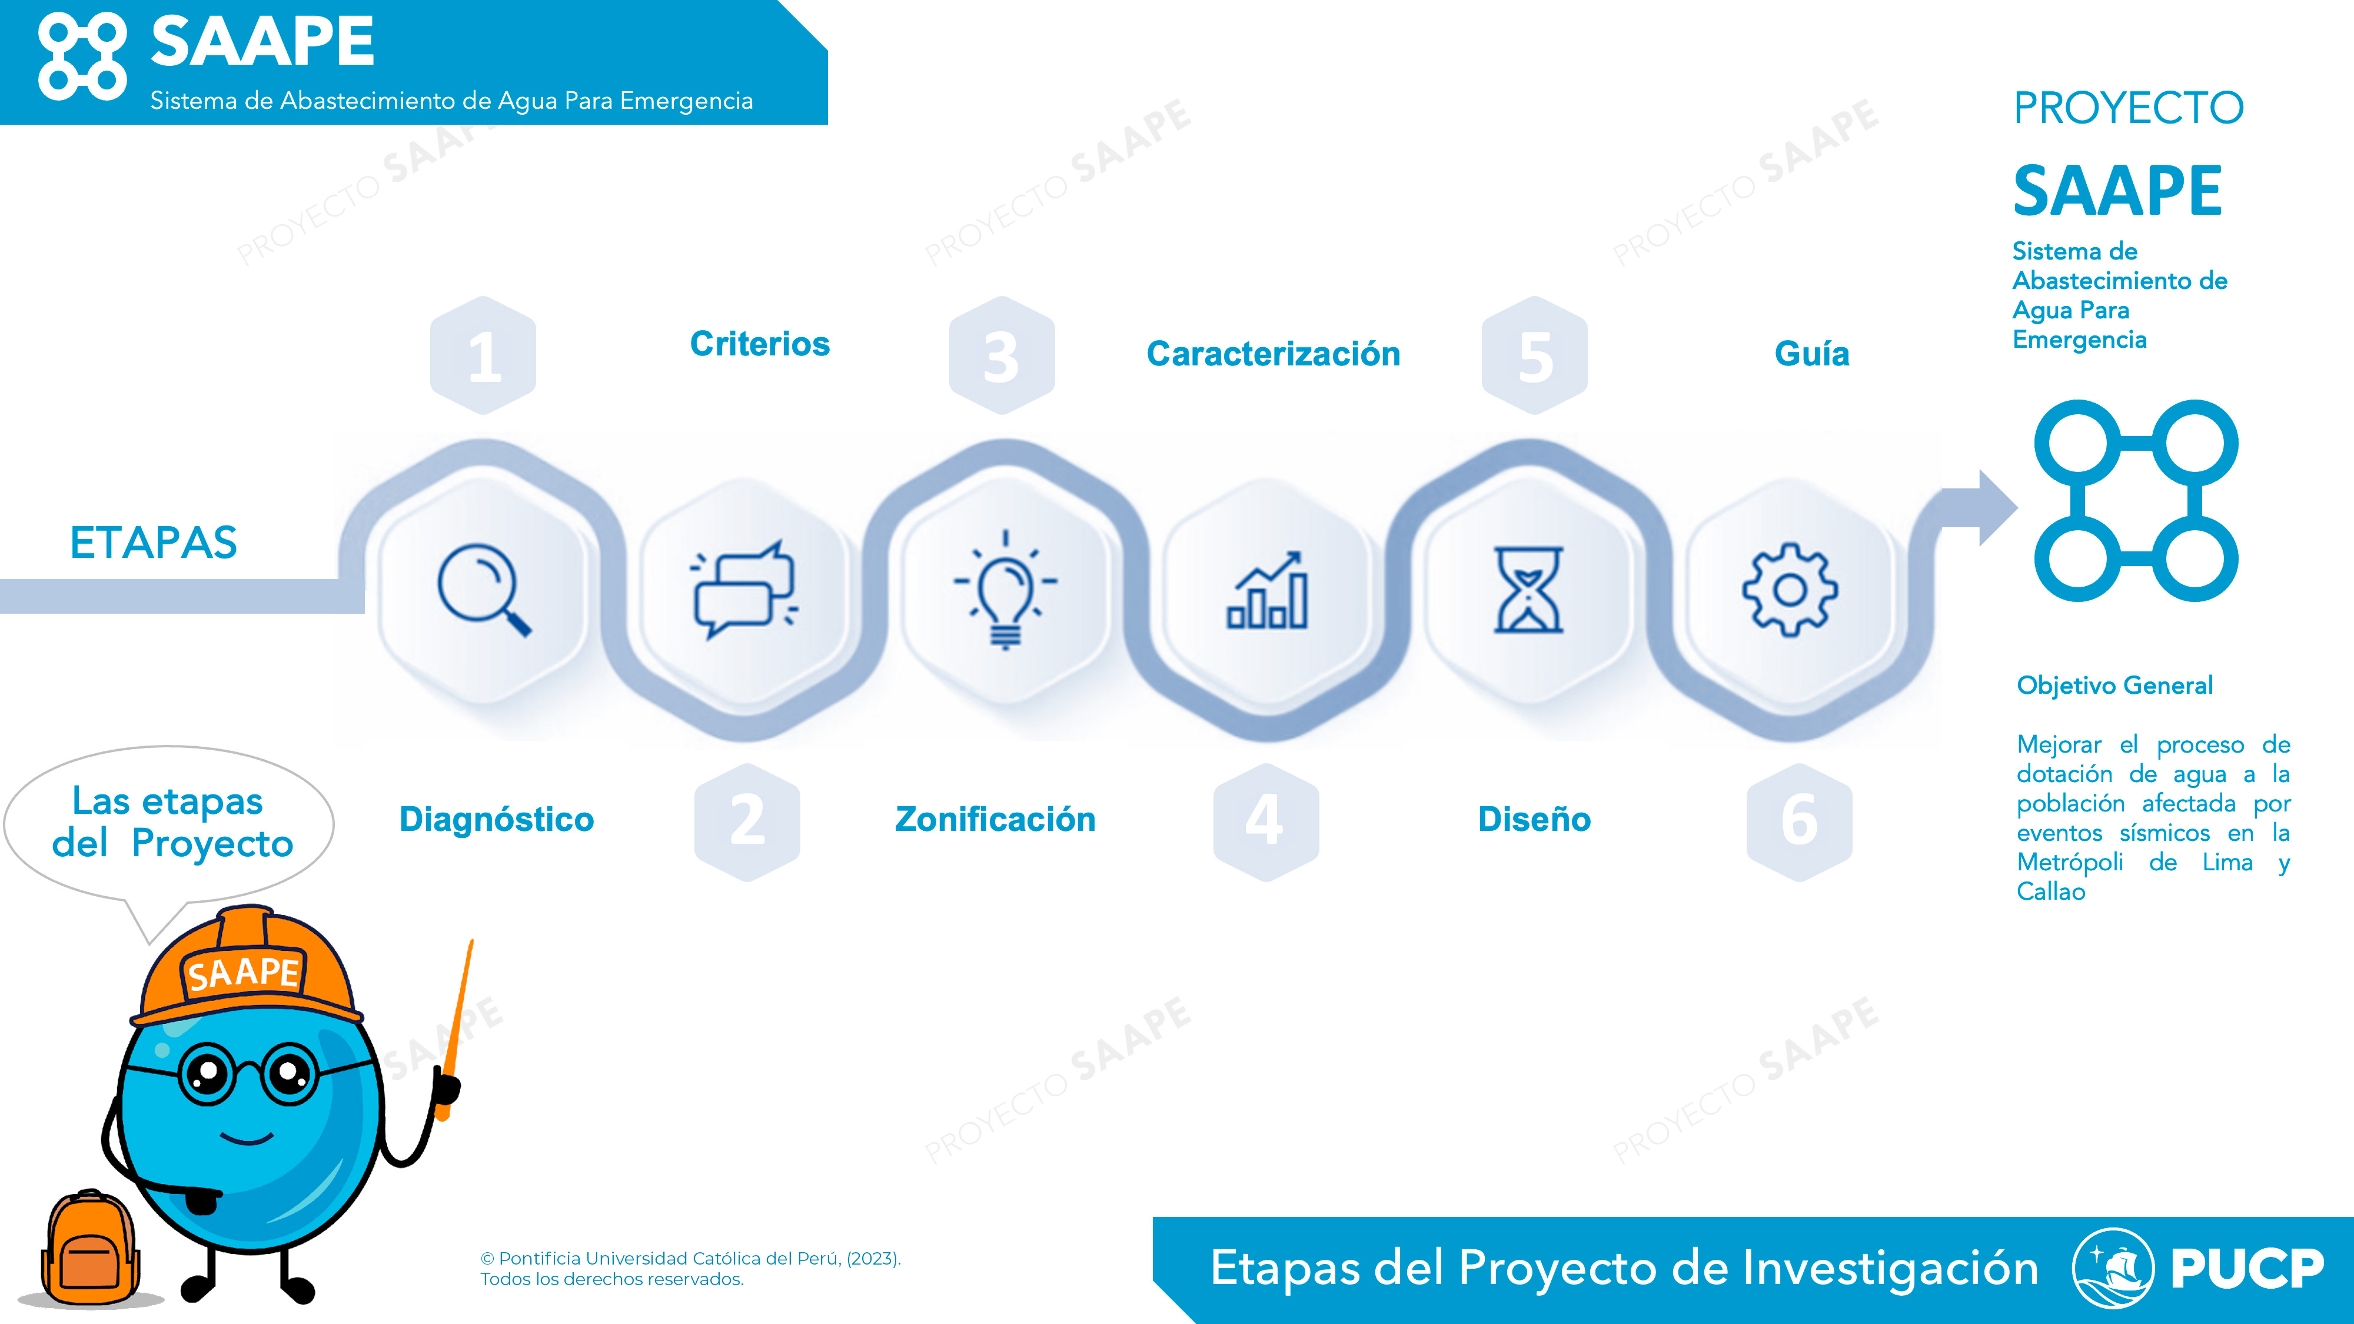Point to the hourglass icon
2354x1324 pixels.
click(1529, 590)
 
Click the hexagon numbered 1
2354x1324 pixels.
click(483, 355)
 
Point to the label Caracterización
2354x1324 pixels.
click(1273, 354)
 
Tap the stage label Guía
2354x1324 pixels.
click(1812, 354)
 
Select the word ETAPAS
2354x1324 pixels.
click(154, 543)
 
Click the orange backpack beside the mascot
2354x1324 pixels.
click(89, 1248)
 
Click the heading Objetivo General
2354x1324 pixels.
click(2114, 686)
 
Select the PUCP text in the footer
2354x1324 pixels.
click(2247, 1268)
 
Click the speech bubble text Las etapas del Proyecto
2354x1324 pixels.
click(172, 821)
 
